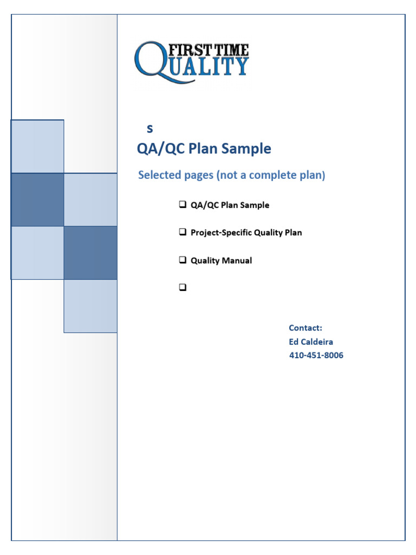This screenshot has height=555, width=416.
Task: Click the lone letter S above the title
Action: (x=150, y=129)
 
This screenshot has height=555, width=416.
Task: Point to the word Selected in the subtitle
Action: (x=159, y=176)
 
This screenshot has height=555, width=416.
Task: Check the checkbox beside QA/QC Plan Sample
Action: (x=182, y=205)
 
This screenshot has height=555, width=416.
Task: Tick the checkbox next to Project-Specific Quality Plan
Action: (x=182, y=233)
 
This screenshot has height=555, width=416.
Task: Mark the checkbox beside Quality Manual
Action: (x=182, y=260)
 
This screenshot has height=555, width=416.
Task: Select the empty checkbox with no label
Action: (x=182, y=288)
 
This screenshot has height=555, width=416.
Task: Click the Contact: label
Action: (x=305, y=328)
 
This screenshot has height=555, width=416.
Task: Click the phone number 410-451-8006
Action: (x=316, y=356)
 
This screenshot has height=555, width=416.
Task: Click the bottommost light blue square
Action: (x=90, y=306)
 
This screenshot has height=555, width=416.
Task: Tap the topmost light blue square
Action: (x=37, y=146)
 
